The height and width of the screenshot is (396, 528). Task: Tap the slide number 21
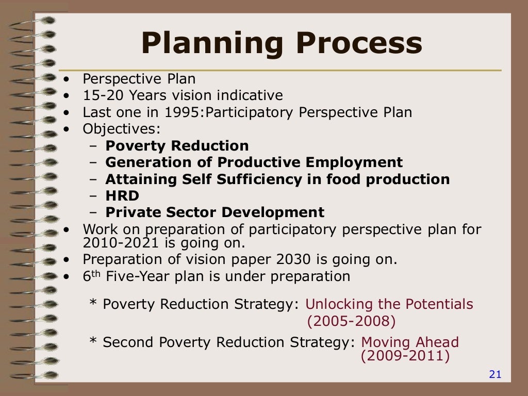tap(495, 375)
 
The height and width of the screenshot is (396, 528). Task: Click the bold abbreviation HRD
tap(122, 196)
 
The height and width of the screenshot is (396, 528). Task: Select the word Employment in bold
tap(354, 162)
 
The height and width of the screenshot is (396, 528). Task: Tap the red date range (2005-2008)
tap(351, 322)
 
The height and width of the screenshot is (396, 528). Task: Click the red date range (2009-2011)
tap(405, 356)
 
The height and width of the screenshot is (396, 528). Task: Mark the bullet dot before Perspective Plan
tap(66, 79)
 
